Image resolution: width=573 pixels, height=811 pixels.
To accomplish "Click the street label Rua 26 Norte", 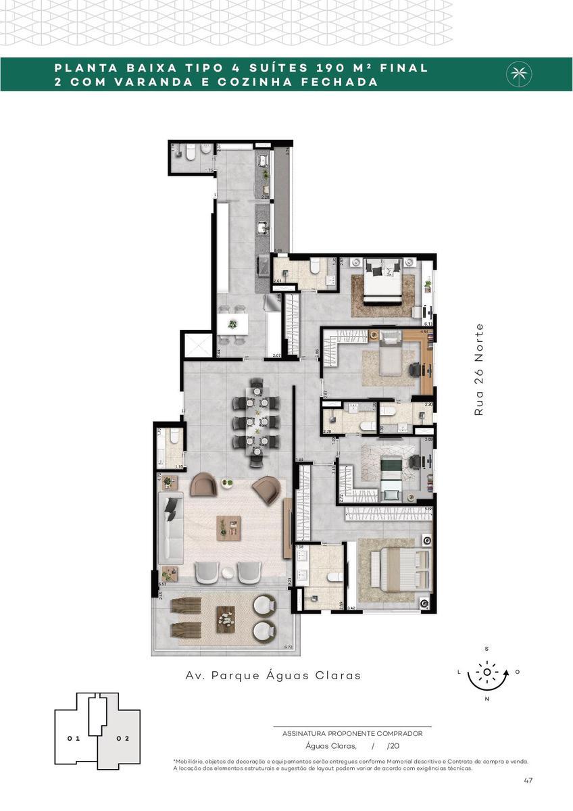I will (479, 369).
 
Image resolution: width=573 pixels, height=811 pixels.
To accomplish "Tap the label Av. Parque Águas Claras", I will (273, 675).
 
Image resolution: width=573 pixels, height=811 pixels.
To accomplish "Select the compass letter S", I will (487, 649).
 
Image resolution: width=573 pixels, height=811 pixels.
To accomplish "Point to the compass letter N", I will (487, 699).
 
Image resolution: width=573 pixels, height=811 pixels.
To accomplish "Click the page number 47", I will (528, 781).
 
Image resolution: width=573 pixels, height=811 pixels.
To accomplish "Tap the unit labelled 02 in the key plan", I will (122, 738).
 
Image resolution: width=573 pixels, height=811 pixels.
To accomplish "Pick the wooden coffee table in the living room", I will (228, 527).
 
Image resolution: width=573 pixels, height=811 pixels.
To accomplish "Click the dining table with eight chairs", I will (256, 422).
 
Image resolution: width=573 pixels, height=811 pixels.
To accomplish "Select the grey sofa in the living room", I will (171, 528).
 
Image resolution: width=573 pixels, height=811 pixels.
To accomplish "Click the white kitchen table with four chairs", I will (232, 324).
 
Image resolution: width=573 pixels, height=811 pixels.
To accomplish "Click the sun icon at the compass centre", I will (487, 672).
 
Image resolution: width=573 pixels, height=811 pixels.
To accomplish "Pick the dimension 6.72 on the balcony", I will (289, 647).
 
